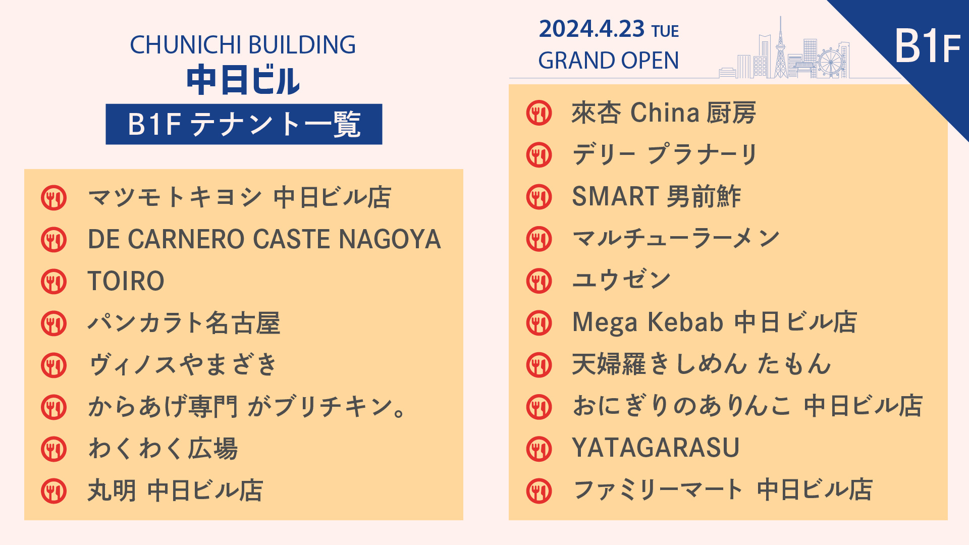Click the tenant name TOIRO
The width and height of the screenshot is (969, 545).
(x=126, y=281)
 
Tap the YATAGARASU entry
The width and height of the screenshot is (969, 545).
(x=656, y=448)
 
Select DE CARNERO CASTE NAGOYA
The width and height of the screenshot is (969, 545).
(x=264, y=239)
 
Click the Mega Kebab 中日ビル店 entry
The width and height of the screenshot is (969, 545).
(x=715, y=322)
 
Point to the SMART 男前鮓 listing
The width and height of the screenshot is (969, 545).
(x=656, y=197)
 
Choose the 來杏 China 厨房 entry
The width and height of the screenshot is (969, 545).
(x=664, y=113)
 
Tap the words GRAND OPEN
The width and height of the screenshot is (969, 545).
(x=609, y=61)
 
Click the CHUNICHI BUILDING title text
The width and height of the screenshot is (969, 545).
(x=243, y=45)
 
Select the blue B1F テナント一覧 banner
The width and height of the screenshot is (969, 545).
(x=244, y=124)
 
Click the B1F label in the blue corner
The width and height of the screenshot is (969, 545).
(x=928, y=46)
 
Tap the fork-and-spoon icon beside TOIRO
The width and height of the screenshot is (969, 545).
(x=54, y=282)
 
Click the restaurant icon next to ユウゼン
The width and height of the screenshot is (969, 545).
(x=539, y=281)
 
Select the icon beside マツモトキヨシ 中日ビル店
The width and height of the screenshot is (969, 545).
(x=54, y=198)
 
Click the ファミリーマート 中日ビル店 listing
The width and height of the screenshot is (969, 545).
(x=723, y=490)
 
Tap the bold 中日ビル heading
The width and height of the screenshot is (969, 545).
(x=243, y=80)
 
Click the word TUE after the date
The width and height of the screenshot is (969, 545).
(x=665, y=31)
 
